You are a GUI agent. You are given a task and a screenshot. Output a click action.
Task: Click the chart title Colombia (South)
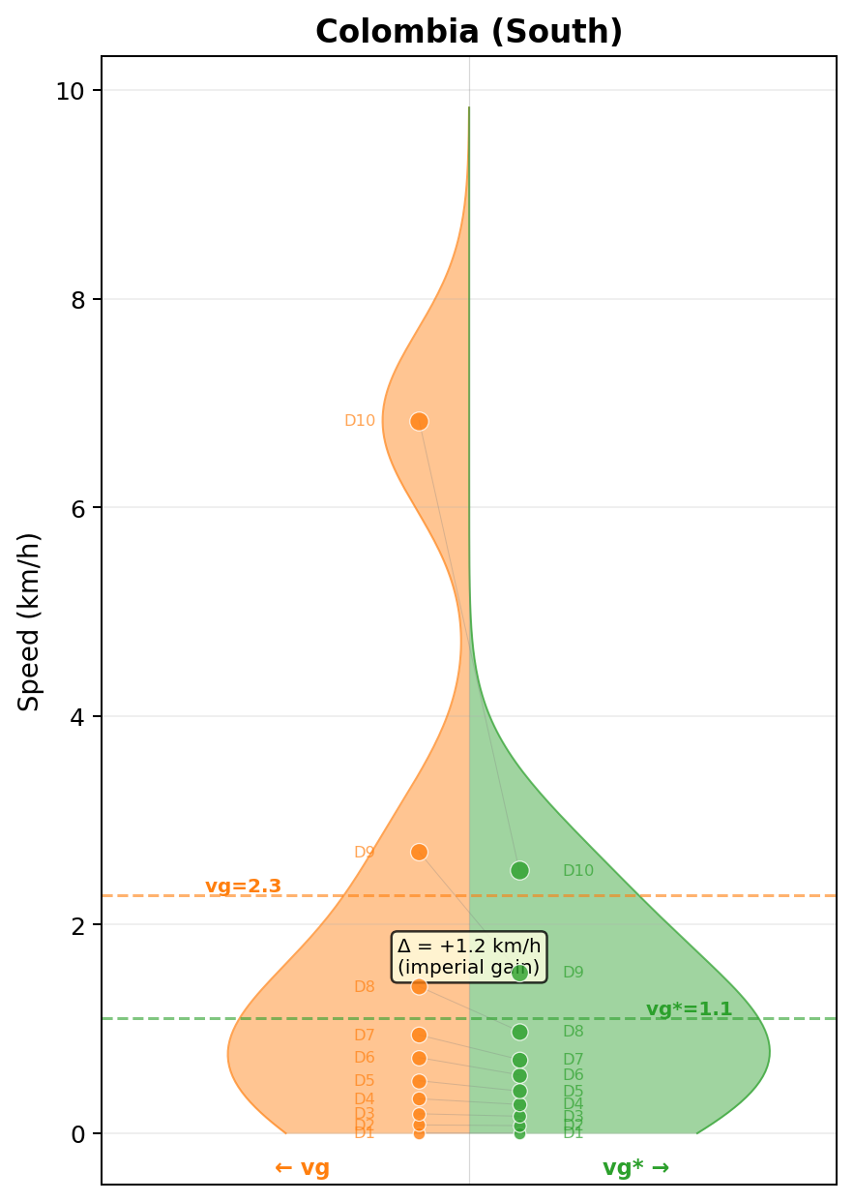point(469,32)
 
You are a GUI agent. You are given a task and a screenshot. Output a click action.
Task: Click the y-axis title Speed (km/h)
point(30,621)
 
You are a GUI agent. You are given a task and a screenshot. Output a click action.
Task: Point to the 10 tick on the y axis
point(70,91)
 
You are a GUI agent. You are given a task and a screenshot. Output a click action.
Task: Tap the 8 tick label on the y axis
point(78,300)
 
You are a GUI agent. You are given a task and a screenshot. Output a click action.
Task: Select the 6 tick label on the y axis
point(78,508)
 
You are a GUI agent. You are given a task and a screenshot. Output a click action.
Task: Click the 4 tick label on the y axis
point(78,717)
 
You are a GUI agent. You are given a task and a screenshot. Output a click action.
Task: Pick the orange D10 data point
point(419,421)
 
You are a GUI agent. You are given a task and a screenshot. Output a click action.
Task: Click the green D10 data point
point(519,870)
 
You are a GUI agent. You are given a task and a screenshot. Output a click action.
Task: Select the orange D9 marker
point(419,852)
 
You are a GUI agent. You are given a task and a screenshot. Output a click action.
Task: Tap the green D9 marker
point(519,973)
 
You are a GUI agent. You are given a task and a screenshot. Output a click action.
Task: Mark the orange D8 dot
point(419,986)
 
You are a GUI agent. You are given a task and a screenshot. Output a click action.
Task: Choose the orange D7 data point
point(419,1035)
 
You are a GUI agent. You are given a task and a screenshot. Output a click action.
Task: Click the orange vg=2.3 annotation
point(243,886)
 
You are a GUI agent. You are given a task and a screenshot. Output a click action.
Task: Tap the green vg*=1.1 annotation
point(689,1009)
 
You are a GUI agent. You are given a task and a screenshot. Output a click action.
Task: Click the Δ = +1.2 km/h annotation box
point(469,956)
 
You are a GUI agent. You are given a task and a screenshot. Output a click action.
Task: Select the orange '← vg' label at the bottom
point(302,1167)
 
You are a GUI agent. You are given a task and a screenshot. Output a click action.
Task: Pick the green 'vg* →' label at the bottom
point(635,1167)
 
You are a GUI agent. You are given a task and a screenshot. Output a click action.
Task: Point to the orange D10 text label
point(360,421)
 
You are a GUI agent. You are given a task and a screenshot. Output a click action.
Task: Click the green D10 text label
point(578,871)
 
